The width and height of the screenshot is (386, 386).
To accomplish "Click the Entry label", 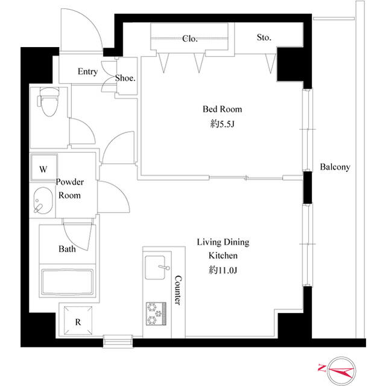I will point(87,72).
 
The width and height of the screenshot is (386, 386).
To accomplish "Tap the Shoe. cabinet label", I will point(125,78).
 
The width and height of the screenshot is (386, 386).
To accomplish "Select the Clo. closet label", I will point(189,39).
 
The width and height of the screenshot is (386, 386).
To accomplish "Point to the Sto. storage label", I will point(264,37).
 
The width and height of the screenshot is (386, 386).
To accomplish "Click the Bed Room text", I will point(222,109).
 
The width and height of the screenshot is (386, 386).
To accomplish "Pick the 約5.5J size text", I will point(222,124).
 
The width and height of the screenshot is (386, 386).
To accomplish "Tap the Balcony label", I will point(335,167).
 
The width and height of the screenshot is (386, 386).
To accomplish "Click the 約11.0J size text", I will point(223,270).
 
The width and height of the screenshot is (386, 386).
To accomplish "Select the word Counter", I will point(178,290).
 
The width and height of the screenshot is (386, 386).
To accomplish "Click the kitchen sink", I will point(157,266).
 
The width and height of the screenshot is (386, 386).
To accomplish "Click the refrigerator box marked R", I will point(77,321).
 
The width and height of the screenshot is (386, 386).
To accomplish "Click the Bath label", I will point(67,248).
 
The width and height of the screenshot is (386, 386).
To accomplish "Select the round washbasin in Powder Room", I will point(42,201).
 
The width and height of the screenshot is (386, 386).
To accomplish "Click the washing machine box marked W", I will point(43,170).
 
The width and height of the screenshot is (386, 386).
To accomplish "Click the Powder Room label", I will point(69,188).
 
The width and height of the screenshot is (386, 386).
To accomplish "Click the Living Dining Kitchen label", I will point(223,249).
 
